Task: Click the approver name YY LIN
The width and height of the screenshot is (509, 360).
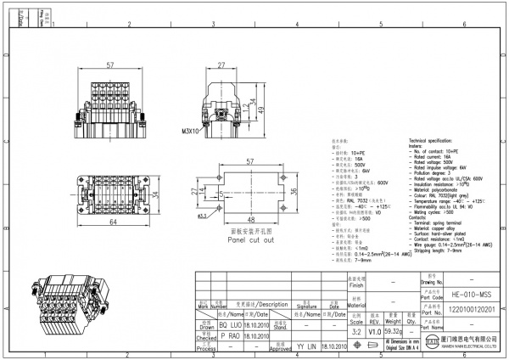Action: click(x=307, y=346)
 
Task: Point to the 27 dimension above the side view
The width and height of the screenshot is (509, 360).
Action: click(x=220, y=65)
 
